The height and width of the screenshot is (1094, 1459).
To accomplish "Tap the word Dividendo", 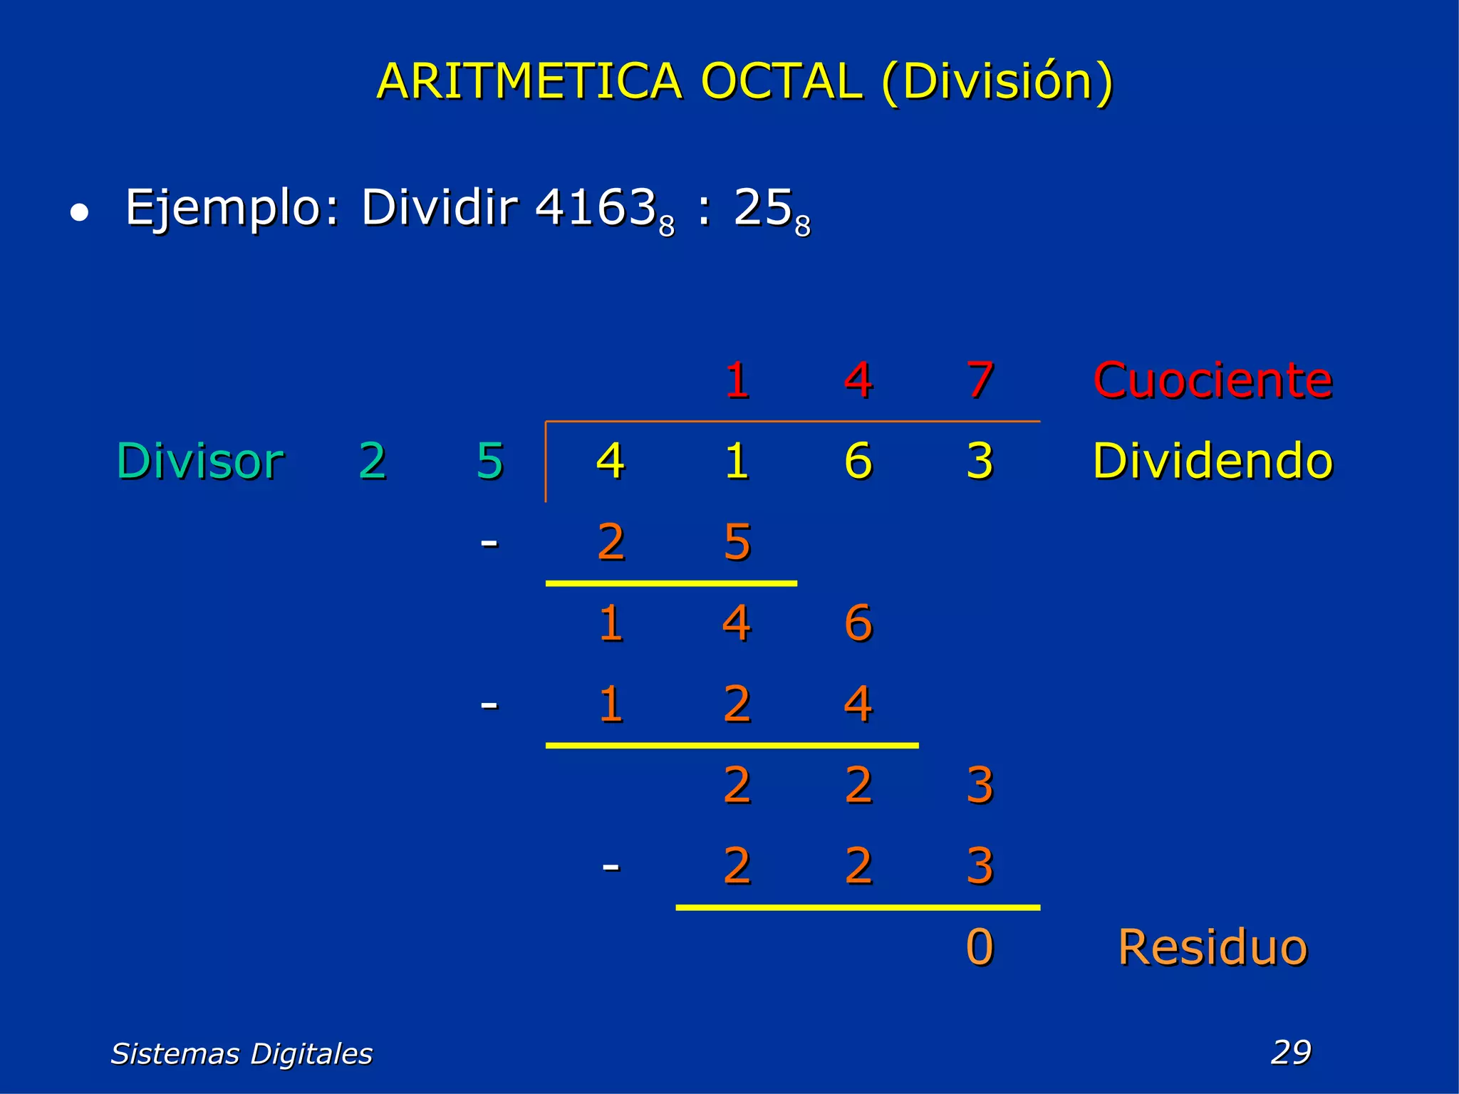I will (1213, 461).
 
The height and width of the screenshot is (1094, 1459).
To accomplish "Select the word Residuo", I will (1213, 947).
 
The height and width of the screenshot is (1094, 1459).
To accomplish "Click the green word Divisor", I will (200, 461).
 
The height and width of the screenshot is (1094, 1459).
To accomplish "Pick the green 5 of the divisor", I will (490, 461).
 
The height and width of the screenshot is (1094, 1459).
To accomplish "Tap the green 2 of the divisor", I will (373, 461).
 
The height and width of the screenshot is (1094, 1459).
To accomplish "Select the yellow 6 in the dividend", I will (858, 461).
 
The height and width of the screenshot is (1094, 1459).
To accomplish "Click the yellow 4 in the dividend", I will (611, 461).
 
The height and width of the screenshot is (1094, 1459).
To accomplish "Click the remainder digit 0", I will (980, 947).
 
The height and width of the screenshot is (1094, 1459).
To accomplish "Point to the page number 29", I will (1291, 1052).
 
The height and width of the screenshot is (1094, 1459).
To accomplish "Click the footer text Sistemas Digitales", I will (242, 1053).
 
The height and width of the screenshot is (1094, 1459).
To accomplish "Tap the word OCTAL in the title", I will (782, 81).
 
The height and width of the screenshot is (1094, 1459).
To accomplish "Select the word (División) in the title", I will (997, 81).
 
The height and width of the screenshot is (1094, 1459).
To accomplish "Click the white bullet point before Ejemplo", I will (80, 212).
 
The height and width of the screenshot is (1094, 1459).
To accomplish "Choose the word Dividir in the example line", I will (440, 207).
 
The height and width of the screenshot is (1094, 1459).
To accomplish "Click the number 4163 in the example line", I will (596, 207).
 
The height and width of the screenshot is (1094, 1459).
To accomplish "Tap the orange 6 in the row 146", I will (858, 623).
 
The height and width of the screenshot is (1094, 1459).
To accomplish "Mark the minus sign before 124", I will (489, 704).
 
